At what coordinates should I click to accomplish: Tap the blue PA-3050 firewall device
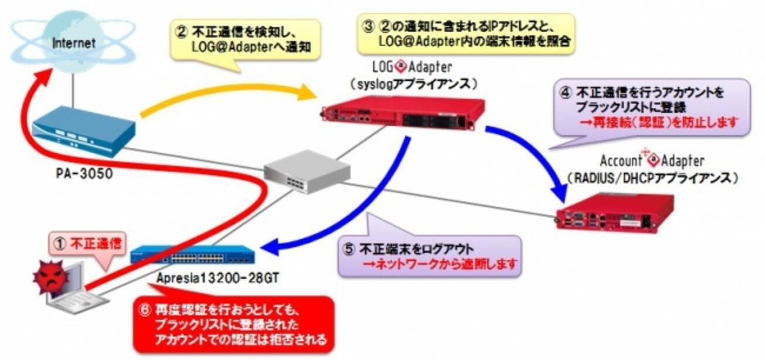(82, 133)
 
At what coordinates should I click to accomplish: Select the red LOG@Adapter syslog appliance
(404, 115)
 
